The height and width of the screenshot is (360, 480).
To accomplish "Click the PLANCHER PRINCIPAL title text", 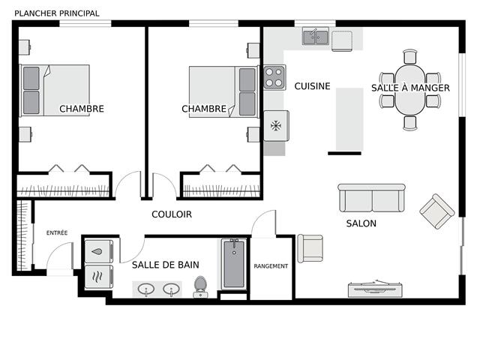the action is (57, 13).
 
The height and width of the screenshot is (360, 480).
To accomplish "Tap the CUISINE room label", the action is (312, 86).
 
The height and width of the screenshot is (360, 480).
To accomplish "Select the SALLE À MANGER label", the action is (410, 88).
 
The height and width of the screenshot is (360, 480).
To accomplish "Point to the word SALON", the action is (361, 223).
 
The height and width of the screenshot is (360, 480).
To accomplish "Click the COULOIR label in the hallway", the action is (172, 214).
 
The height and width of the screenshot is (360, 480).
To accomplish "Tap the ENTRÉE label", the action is (57, 233).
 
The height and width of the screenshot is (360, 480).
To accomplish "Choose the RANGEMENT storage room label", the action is (271, 266).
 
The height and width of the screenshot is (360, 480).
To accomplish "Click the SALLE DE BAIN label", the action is (166, 265).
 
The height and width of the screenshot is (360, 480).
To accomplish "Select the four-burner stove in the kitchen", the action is (274, 77).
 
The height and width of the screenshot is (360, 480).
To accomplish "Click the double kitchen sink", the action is (316, 36).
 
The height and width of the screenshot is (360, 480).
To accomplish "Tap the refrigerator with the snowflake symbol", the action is (277, 126).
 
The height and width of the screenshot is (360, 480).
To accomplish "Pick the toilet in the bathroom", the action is (200, 286).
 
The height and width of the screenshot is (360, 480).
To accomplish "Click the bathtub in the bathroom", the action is (234, 264).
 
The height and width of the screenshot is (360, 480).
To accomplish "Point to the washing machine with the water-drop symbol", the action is (99, 252).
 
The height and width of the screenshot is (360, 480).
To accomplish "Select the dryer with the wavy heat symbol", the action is (99, 277).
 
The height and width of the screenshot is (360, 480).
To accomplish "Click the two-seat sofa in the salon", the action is (372, 198).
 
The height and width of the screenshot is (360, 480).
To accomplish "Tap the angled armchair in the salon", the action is (436, 211).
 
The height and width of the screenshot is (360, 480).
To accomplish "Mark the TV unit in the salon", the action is (375, 289).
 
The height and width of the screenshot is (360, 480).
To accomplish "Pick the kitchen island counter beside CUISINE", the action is (349, 119).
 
